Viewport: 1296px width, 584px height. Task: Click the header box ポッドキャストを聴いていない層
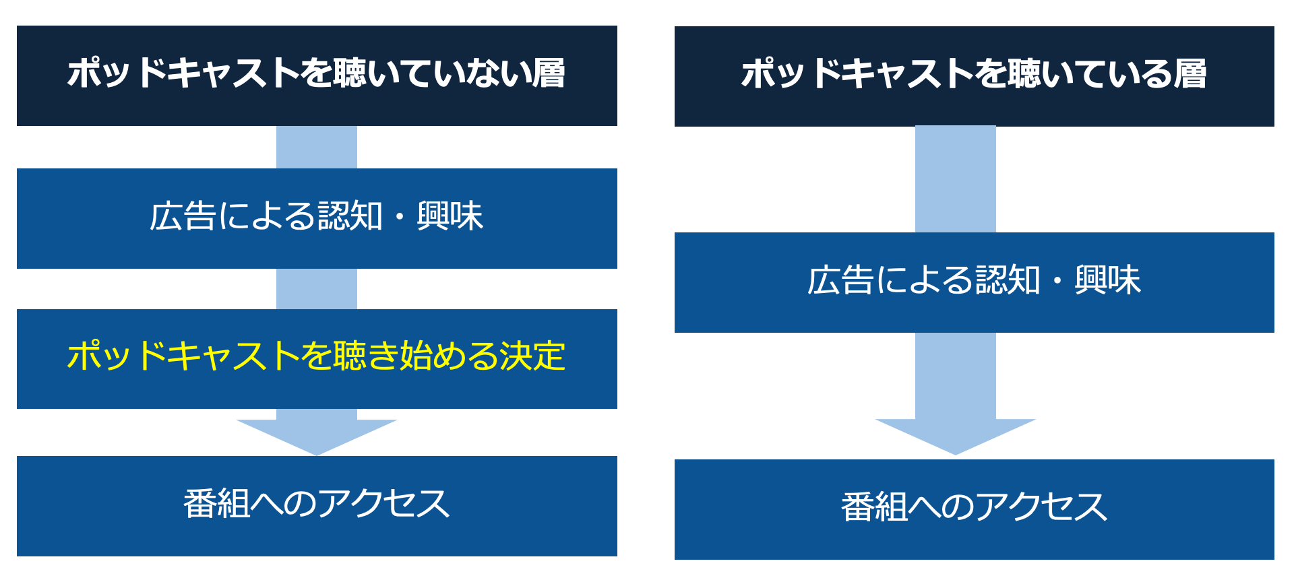[317, 75]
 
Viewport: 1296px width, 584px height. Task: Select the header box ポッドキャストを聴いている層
[974, 76]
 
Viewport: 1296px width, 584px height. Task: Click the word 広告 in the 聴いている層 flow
[840, 281]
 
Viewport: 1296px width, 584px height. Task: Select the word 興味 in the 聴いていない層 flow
[450, 217]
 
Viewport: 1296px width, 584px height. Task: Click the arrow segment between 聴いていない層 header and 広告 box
[316, 147]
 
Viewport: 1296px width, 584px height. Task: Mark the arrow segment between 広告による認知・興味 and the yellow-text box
[316, 288]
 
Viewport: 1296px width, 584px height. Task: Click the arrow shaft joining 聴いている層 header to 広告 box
[955, 179]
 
